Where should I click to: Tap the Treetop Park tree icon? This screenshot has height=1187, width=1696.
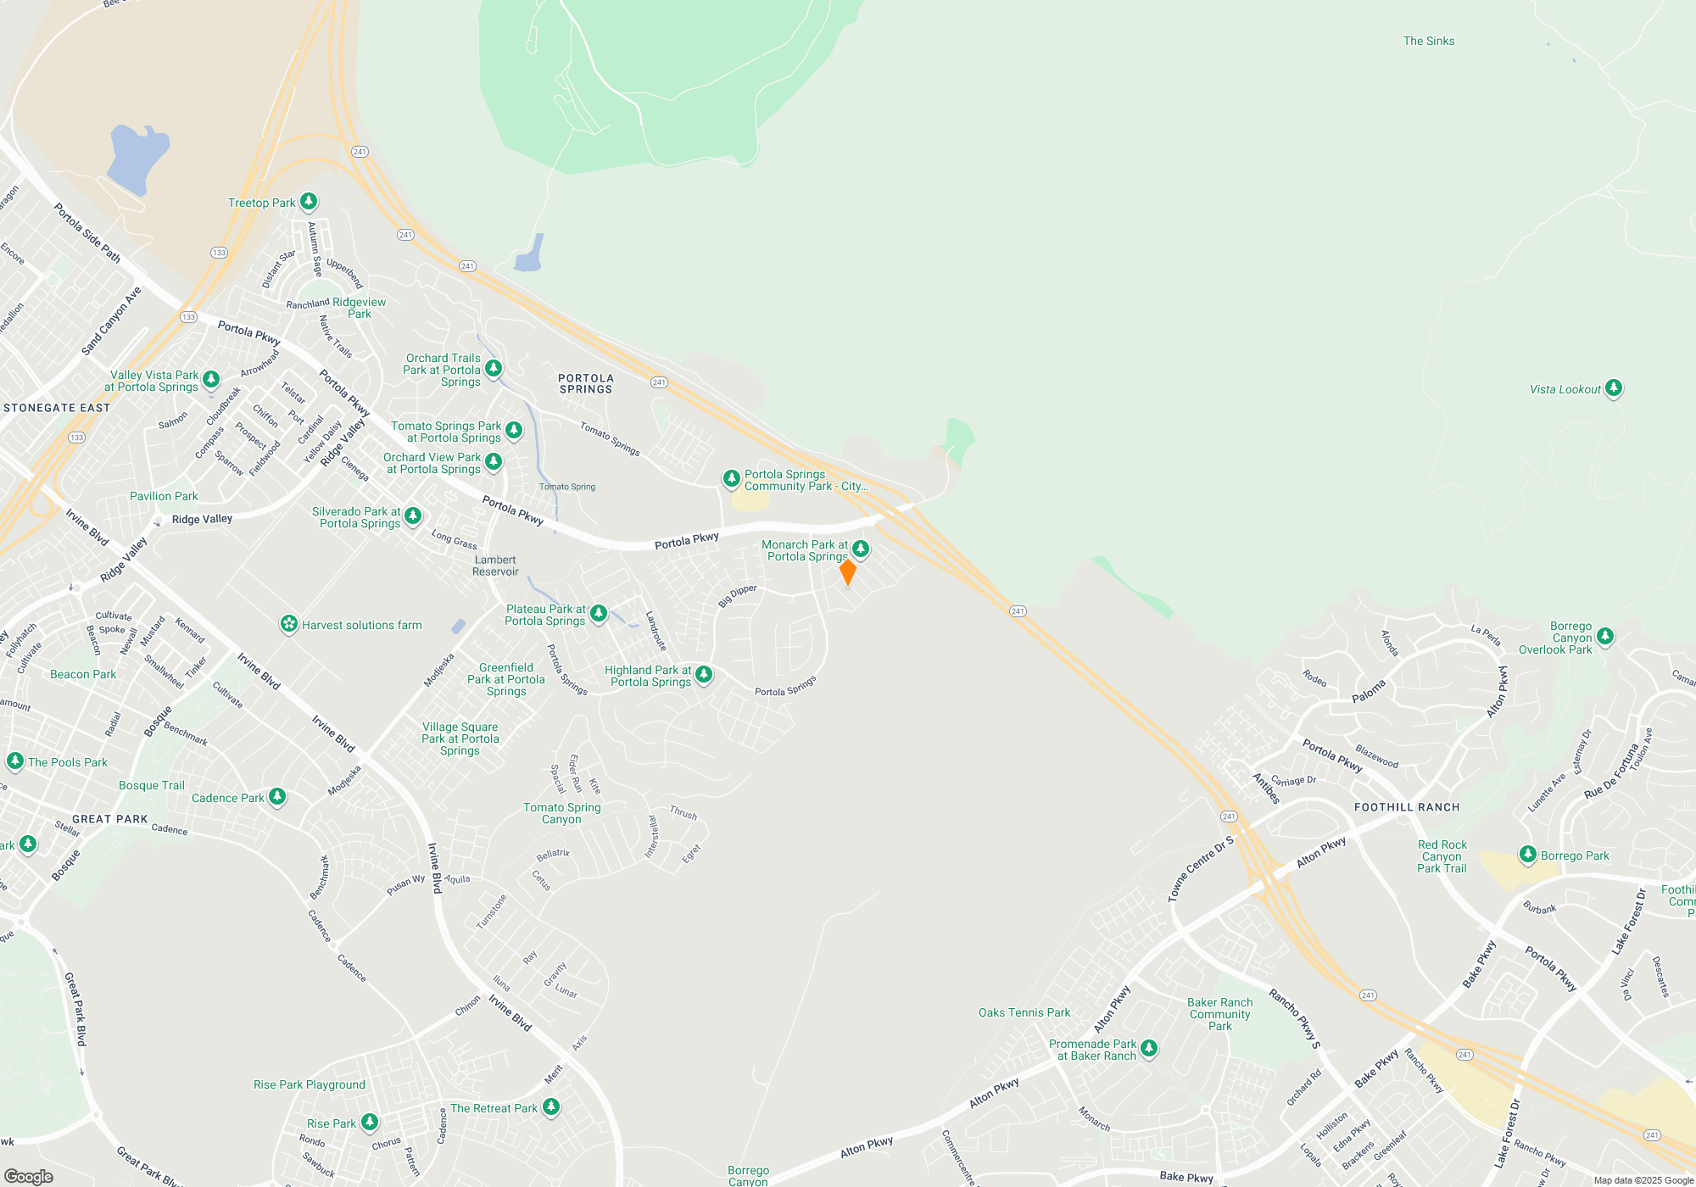(x=309, y=202)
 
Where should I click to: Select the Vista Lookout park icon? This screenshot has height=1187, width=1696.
(x=1613, y=388)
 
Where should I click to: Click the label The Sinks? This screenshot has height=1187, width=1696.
(x=1428, y=41)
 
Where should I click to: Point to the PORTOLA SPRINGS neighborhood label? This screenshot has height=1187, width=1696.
(x=585, y=384)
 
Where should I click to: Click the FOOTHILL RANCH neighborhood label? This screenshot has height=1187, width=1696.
(x=1406, y=807)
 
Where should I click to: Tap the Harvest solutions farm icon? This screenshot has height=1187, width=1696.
(x=289, y=625)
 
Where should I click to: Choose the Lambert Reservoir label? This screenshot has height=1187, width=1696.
(x=495, y=566)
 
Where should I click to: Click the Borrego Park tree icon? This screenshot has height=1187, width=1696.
(x=1527, y=855)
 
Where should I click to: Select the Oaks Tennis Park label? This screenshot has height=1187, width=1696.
(x=1024, y=1012)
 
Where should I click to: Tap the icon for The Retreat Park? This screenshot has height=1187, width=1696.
(x=550, y=1106)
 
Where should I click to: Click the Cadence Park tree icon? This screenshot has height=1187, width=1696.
(x=276, y=797)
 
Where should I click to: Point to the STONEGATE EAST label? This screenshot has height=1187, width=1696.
(x=57, y=408)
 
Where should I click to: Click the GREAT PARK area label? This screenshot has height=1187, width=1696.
(x=109, y=819)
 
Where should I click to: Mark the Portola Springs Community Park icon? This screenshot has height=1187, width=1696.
(x=731, y=479)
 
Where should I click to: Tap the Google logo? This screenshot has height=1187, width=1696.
(x=28, y=1176)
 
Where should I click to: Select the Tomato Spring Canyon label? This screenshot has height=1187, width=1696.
(x=561, y=813)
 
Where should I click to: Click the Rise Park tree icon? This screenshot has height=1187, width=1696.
(x=369, y=1123)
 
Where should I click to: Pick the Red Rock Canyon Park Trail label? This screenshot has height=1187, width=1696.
(x=1442, y=856)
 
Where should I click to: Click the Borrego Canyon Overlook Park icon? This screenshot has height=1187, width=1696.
(x=1604, y=636)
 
